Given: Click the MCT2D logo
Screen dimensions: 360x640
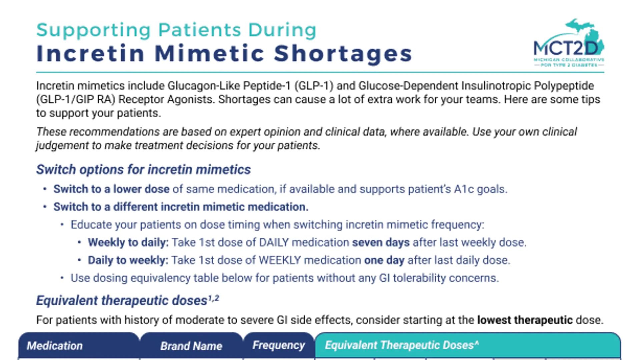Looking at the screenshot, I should (569, 43).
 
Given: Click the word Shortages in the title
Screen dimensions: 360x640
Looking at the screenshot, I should (343, 53).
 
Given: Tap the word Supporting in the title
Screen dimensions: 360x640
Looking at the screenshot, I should (94, 30).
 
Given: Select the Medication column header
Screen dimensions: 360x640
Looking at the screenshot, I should (55, 346).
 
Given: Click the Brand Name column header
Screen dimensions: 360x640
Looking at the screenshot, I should (191, 346).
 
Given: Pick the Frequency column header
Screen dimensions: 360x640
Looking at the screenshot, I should (278, 345).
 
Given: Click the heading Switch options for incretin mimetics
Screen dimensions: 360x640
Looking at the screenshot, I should (143, 169).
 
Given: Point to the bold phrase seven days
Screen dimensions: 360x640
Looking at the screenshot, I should (381, 242).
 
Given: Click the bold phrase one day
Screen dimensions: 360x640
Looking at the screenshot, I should (384, 260).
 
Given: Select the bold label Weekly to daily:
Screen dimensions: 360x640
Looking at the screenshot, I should (128, 242).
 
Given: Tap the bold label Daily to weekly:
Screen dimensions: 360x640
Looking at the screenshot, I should (128, 260).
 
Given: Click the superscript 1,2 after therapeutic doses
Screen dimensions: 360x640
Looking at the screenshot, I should (214, 298).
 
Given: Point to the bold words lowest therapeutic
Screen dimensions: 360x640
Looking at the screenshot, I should (525, 320).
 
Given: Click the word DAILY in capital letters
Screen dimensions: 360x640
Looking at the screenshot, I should (274, 242).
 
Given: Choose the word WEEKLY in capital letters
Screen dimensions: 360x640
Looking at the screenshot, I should (280, 260).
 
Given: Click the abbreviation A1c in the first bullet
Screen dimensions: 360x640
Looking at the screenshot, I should (464, 189).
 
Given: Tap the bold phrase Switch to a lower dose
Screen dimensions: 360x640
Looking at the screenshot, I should (111, 189).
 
